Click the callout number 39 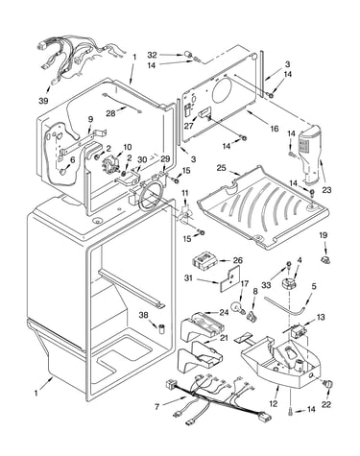pos(43,101)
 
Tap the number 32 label pos(152,55)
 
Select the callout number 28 pos(110,113)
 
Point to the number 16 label pos(275,129)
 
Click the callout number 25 pos(221,167)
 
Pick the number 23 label pos(326,190)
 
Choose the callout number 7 pos(156,407)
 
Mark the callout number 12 pos(274,404)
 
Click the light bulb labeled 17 pos(237,308)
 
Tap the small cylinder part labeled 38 pos(162,328)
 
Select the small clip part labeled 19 pos(325,259)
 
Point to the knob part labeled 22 pos(327,384)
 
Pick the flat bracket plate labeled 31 pos(229,278)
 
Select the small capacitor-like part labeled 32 pos(189,56)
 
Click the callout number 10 pos(127,147)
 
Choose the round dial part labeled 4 pos(287,284)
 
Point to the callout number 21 pos(224,338)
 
